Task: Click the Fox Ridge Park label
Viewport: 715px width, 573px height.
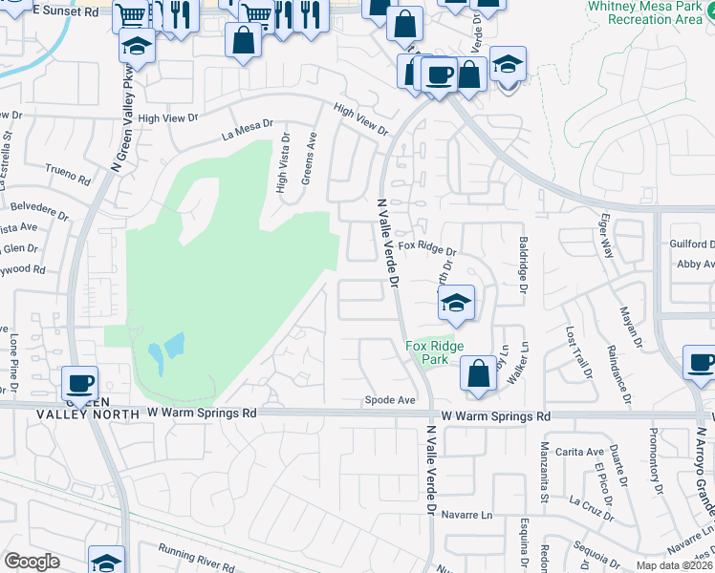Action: tap(435, 352)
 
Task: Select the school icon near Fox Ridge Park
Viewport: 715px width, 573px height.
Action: tap(457, 304)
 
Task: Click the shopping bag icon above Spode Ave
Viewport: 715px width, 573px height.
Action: tap(478, 373)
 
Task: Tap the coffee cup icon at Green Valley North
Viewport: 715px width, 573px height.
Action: tap(80, 383)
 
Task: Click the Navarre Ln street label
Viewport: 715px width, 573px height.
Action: tap(472, 515)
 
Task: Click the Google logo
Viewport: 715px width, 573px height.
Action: tap(32, 562)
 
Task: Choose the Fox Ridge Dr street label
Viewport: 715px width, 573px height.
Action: tap(426, 246)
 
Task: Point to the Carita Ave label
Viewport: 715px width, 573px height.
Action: tap(582, 452)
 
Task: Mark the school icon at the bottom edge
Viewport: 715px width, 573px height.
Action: tap(106, 562)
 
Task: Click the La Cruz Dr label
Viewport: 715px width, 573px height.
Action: tap(591, 506)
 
